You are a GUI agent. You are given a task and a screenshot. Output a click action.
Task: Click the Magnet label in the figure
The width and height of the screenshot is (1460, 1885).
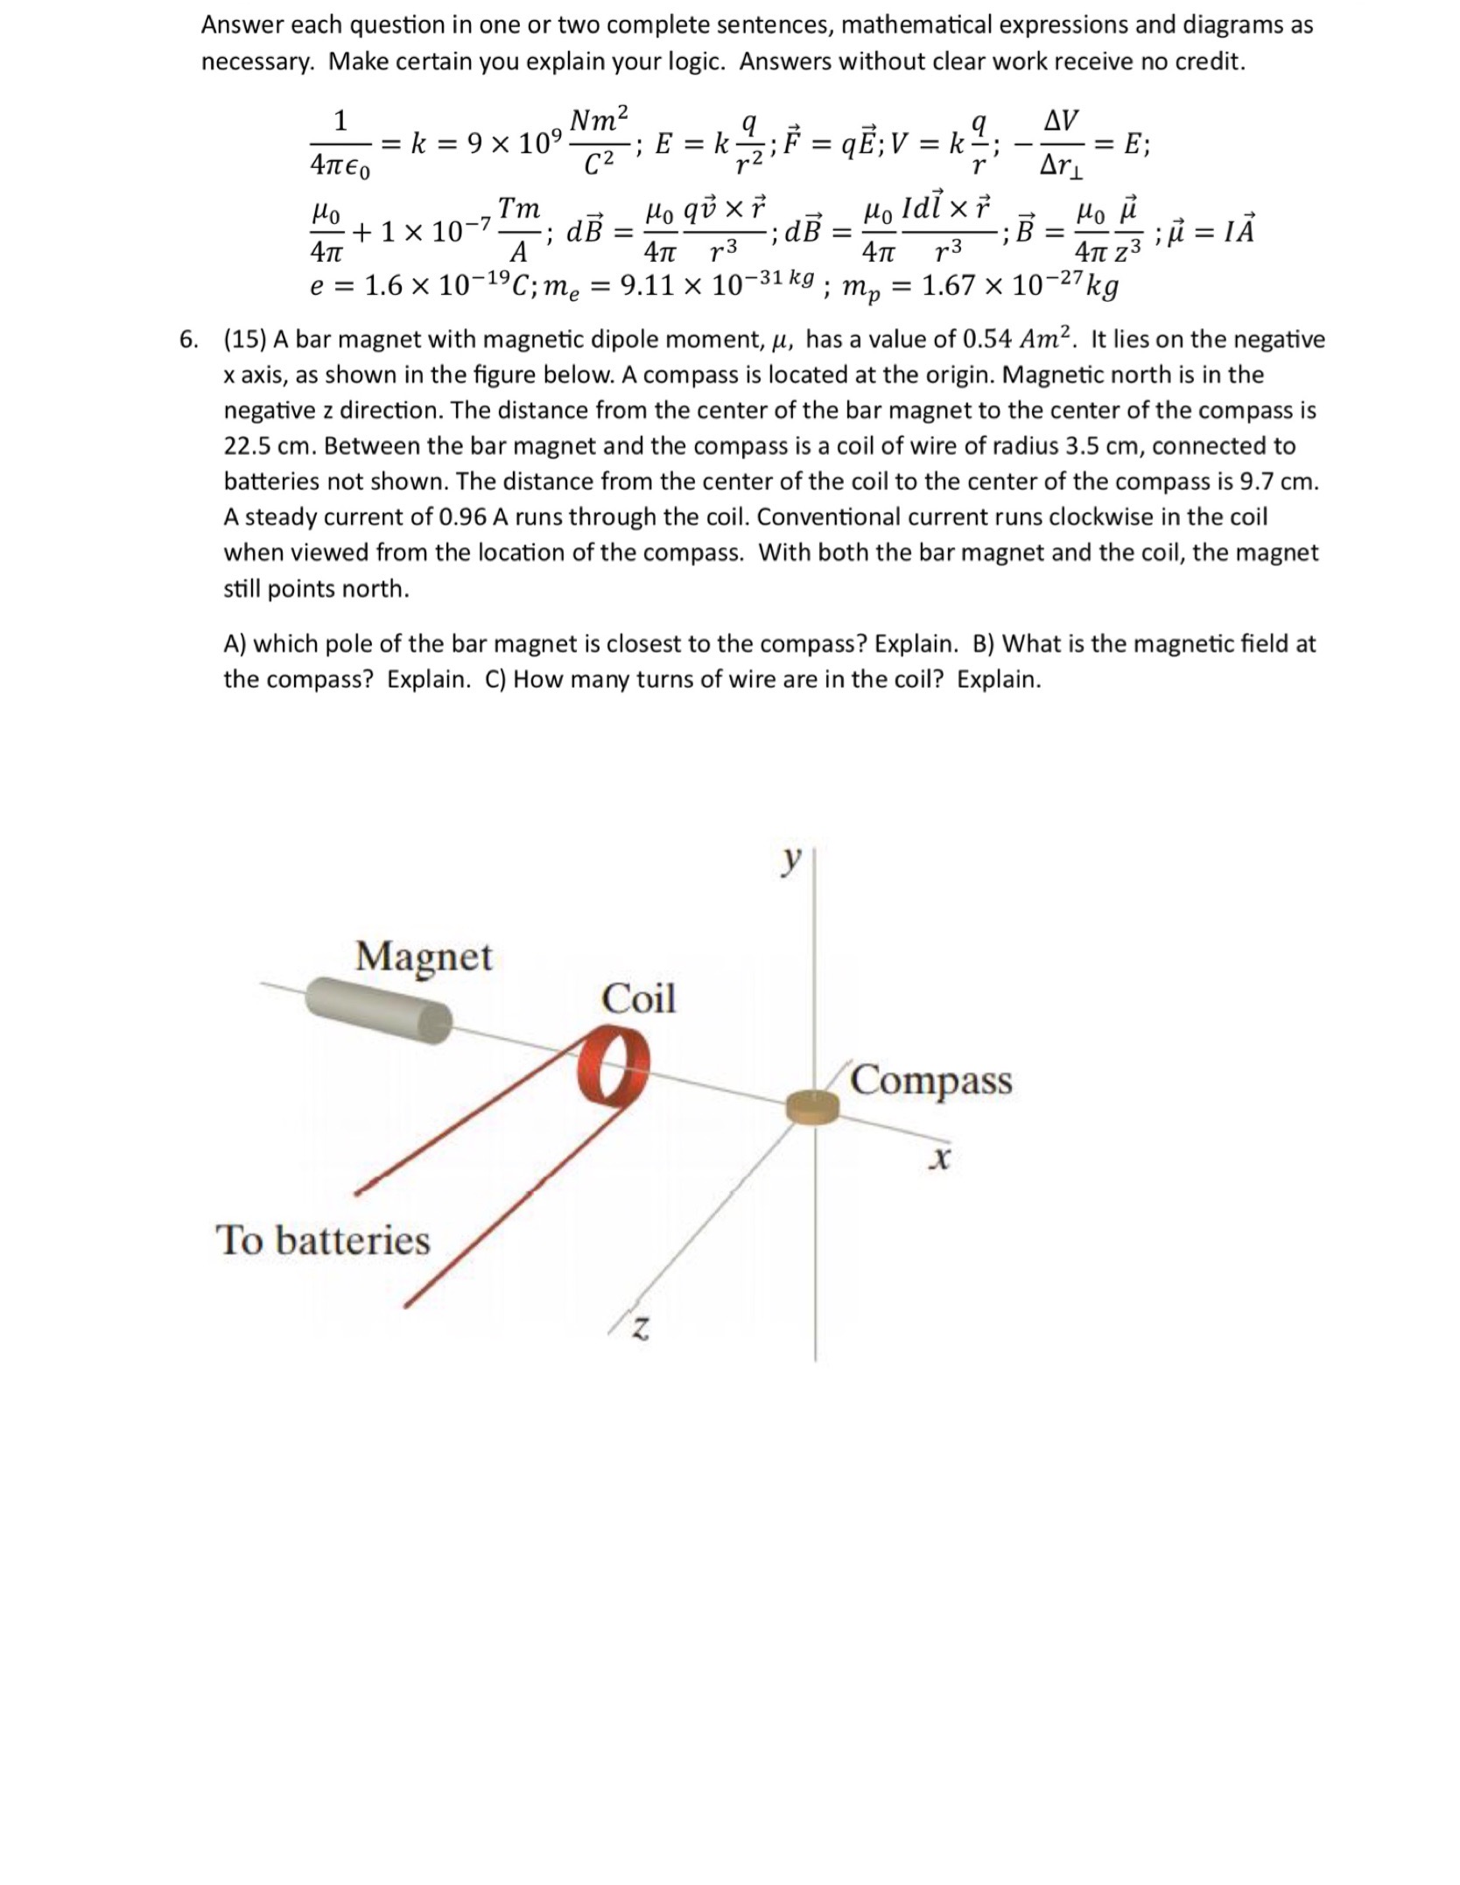[424, 956]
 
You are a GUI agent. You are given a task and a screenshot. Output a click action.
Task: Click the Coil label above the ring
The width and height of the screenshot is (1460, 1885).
[638, 999]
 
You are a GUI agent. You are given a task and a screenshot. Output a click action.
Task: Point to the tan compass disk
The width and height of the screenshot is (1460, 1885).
[811, 1107]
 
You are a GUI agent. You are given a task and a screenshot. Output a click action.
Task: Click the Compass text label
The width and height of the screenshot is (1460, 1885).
[931, 1080]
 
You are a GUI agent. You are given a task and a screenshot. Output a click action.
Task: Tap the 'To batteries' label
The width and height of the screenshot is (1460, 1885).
[323, 1240]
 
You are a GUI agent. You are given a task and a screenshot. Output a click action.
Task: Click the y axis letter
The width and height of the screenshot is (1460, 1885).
[790, 861]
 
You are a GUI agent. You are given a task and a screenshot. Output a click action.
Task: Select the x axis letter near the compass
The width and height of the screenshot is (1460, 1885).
[939, 1160]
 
